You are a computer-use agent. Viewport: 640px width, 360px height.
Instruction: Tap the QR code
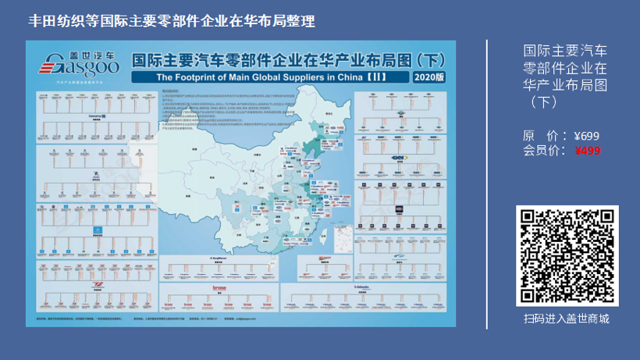tap(567, 256)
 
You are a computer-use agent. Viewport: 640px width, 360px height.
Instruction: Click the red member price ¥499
tap(588, 151)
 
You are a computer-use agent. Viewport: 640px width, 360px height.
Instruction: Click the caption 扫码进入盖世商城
tap(567, 319)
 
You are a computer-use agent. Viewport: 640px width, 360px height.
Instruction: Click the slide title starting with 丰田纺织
tap(172, 21)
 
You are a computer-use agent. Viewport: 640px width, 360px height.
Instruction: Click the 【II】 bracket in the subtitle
tap(387, 78)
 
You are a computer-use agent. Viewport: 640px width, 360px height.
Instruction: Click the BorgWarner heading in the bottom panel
tap(218, 256)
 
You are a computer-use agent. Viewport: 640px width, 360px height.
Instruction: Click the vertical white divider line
tap(487, 180)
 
